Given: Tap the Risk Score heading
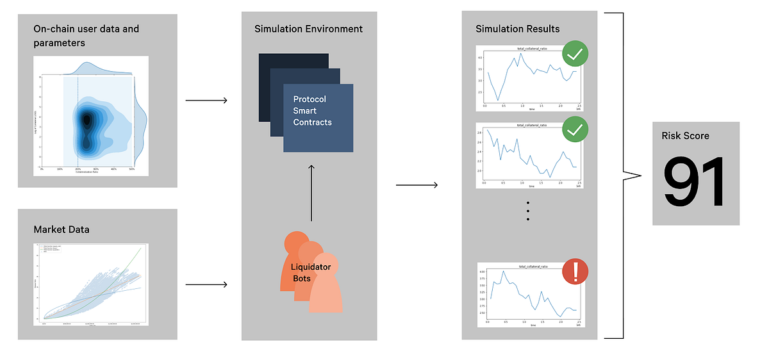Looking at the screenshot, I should pyautogui.click(x=686, y=136).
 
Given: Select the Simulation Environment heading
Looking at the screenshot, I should pyautogui.click(x=308, y=29).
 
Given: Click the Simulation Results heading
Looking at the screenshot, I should pyautogui.click(x=517, y=29).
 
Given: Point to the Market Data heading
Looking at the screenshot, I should pyautogui.click(x=62, y=229).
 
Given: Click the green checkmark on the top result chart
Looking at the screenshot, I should pyautogui.click(x=575, y=54).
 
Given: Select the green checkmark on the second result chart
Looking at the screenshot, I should pyautogui.click(x=575, y=132).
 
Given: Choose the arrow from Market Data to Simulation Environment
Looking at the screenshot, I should pyautogui.click(x=206, y=284).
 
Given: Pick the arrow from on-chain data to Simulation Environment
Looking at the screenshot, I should pyautogui.click(x=206, y=101).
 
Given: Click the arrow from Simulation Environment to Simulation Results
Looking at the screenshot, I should pyautogui.click(x=417, y=186).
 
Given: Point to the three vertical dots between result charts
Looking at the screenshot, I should pyautogui.click(x=528, y=210).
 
